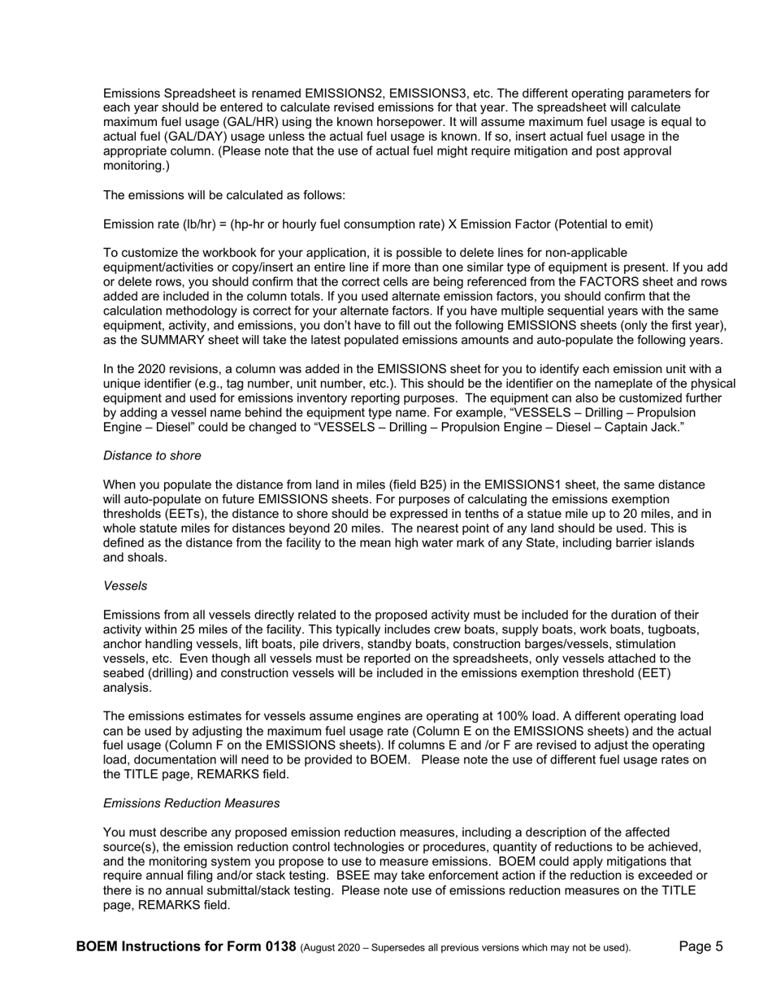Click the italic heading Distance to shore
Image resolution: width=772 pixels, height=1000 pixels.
[152, 455]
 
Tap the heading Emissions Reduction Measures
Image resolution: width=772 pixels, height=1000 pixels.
[192, 803]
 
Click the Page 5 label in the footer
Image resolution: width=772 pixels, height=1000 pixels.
[701, 946]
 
